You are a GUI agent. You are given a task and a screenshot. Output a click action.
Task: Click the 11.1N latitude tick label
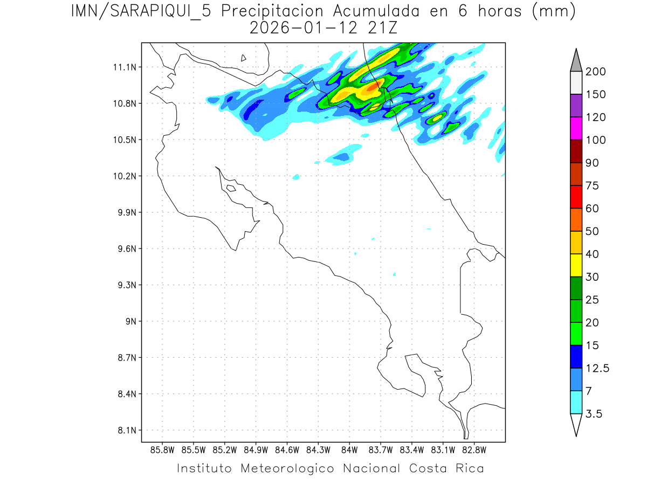tap(123, 67)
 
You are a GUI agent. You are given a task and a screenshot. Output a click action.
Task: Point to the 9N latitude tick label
tap(130, 321)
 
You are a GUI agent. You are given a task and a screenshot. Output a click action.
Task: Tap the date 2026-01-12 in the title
tap(304, 28)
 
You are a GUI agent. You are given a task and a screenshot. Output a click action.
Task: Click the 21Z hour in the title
tap(380, 28)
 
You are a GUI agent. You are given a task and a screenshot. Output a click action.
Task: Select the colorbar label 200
tap(596, 72)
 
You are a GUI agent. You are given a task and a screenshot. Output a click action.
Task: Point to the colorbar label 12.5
tap(597, 368)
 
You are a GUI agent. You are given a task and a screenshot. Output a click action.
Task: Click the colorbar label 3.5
tap(595, 414)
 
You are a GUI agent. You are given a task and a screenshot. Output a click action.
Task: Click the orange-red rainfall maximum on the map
tap(374, 86)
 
